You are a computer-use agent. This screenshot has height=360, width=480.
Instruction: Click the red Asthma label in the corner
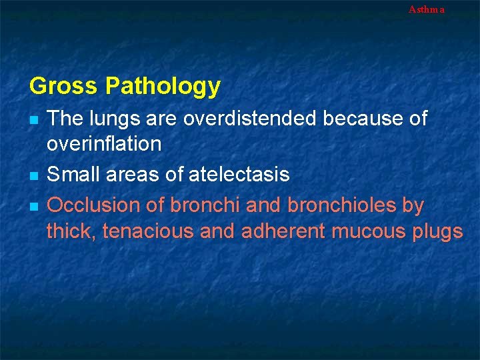coord(426,9)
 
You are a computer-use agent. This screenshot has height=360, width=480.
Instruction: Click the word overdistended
coord(251,119)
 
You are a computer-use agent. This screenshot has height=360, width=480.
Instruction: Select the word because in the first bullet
coord(363,119)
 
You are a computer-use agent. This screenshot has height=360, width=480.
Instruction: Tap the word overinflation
coord(104,143)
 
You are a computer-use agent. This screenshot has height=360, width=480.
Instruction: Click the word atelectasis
coord(239,175)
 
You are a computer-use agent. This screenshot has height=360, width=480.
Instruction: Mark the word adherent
coord(274,231)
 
